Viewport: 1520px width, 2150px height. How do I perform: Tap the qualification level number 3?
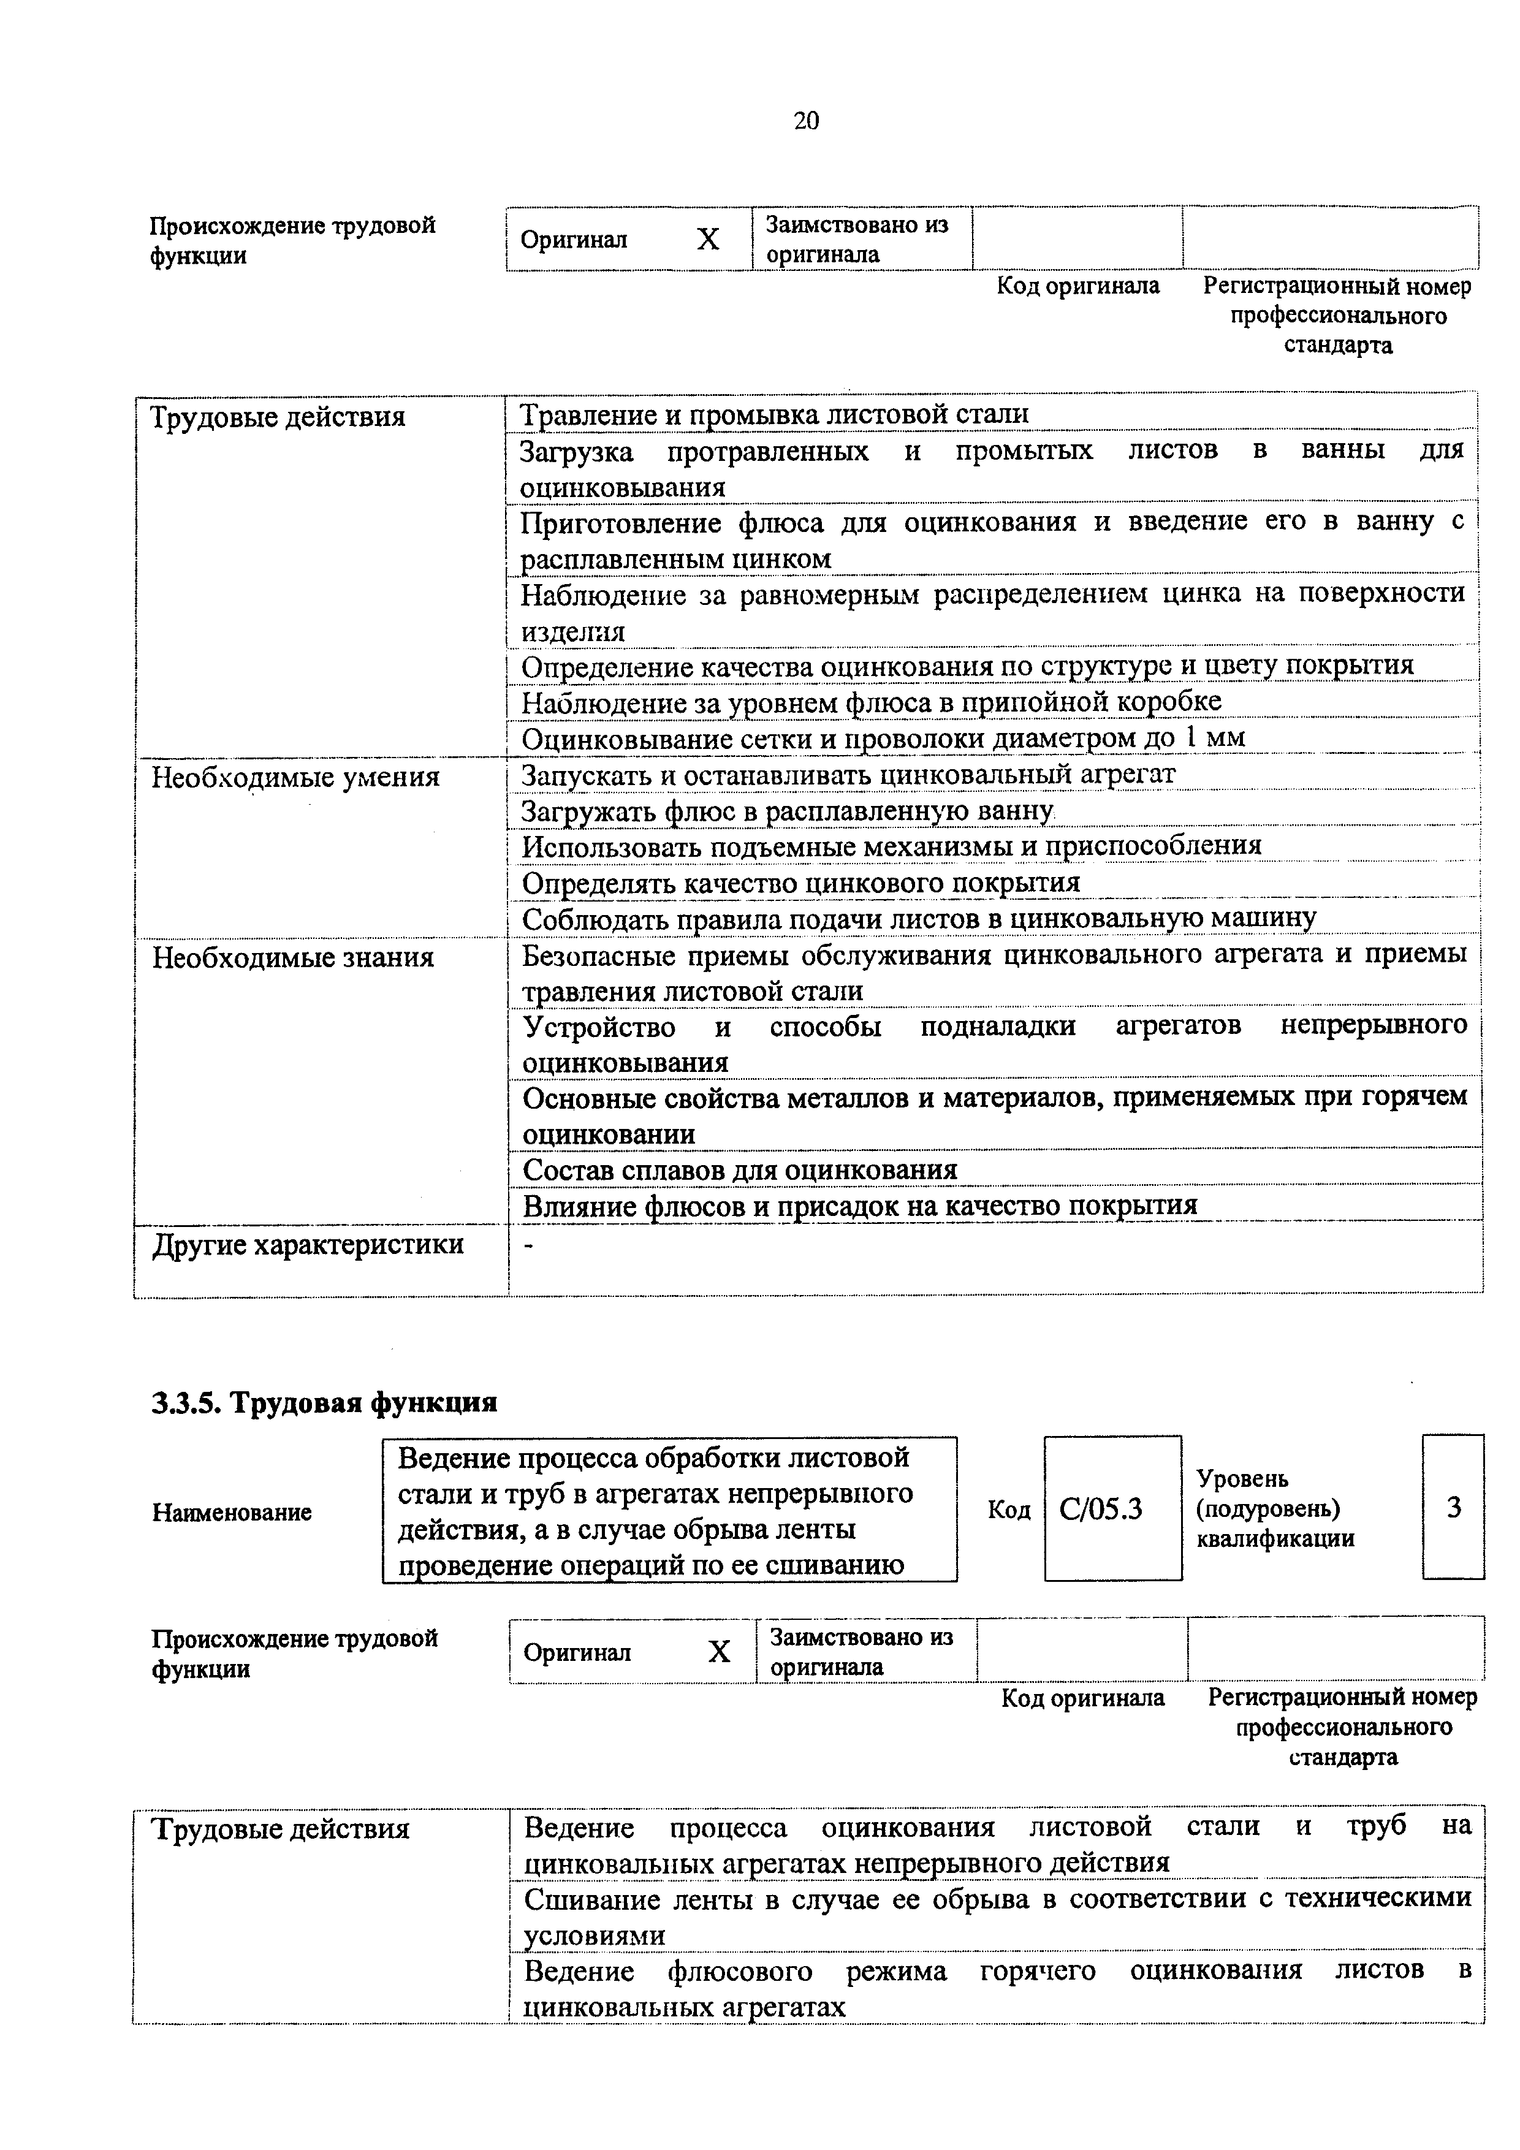1454,1508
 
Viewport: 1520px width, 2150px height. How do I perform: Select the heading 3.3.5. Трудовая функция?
324,1403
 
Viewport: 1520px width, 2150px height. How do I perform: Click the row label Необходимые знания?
293,958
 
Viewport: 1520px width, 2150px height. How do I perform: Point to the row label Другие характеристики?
307,1245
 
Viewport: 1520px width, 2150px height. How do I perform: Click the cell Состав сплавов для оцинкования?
740,1169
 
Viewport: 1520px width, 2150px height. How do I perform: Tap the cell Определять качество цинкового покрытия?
800,883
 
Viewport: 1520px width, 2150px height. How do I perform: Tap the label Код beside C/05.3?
1009,1510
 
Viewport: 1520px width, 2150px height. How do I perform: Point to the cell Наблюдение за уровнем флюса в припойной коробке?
871,702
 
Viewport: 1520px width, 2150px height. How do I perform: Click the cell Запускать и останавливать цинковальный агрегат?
848,775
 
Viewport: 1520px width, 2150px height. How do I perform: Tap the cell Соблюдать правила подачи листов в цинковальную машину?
918,919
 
